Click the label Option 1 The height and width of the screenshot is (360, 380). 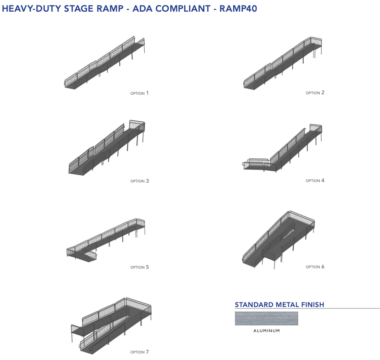[x=139, y=93]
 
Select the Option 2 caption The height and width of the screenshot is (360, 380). [x=315, y=93]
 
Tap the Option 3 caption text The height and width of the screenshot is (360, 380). [x=139, y=181]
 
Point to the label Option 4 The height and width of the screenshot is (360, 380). [x=315, y=181]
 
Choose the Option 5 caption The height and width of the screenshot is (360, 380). [x=139, y=268]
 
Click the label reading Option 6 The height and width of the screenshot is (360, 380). [x=315, y=267]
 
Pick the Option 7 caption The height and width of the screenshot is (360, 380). [x=139, y=352]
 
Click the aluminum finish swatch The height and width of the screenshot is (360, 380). [x=266, y=318]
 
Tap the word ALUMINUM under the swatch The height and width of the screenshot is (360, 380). [x=266, y=331]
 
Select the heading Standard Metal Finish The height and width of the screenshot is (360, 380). [x=279, y=305]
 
